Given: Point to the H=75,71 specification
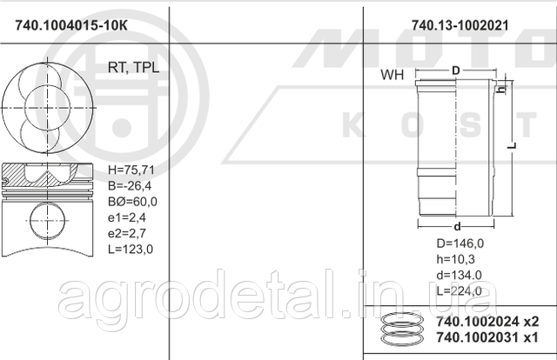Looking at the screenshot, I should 131,170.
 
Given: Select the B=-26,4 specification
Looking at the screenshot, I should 128,186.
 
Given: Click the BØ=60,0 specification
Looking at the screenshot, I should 131,202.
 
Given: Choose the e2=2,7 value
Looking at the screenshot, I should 126,233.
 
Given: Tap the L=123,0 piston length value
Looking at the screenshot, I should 131,249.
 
